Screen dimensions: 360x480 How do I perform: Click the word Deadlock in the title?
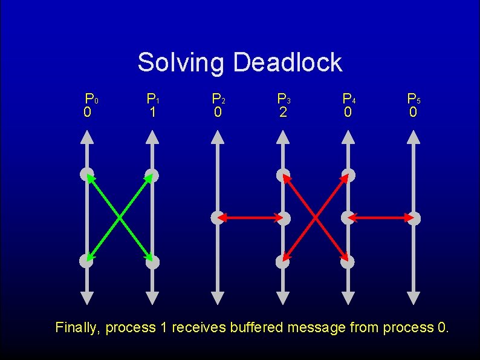click(287, 62)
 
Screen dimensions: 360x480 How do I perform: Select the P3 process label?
click(284, 98)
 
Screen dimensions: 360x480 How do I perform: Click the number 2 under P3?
click(283, 113)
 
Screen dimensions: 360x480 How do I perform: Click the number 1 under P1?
click(153, 113)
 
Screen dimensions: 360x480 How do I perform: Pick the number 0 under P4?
click(348, 113)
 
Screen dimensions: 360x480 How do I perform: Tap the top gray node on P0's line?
click(87, 175)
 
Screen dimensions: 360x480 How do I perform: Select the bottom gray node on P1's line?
click(153, 262)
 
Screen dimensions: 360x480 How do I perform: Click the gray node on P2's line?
click(218, 217)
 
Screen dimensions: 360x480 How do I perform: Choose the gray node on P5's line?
click(414, 218)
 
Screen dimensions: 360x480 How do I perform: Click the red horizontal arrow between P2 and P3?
click(250, 217)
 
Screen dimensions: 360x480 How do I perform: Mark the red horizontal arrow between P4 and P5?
click(381, 217)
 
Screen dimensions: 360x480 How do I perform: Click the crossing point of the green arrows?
click(120, 218)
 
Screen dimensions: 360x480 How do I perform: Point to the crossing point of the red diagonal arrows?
click(316, 218)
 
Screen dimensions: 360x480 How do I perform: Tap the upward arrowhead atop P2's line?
click(218, 137)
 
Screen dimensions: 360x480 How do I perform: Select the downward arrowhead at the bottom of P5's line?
click(414, 298)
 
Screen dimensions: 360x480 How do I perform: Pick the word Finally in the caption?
click(78, 328)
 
